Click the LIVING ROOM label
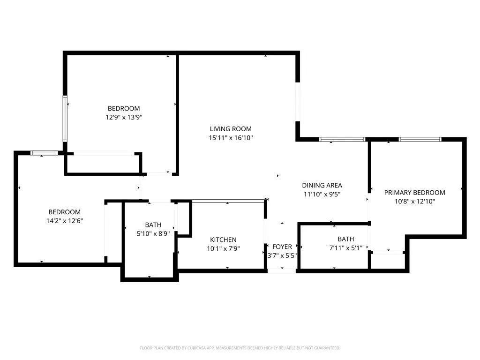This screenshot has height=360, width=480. coord(230,129)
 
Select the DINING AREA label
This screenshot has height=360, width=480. coord(322,185)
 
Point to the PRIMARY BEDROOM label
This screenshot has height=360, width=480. coord(414,193)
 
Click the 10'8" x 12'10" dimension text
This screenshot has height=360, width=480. coord(414,202)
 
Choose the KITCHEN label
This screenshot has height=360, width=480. coord(223,240)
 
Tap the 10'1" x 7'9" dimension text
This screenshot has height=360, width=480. coord(223,248)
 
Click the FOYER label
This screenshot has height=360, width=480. coord(282,247)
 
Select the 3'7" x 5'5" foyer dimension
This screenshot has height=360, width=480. coord(282,255)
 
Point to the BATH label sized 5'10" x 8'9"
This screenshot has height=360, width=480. coord(153,225)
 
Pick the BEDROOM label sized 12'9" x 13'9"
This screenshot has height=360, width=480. coord(124,108)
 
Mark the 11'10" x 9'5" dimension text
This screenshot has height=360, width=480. coord(322,194)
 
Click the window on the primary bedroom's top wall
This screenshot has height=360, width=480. coord(420,139)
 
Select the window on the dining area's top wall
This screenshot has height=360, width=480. coord(342,139)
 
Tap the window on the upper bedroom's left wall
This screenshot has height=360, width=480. coord(65,118)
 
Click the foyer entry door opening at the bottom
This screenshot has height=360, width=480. coord(282,270)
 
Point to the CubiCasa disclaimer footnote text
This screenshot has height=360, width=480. coord(240,348)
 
